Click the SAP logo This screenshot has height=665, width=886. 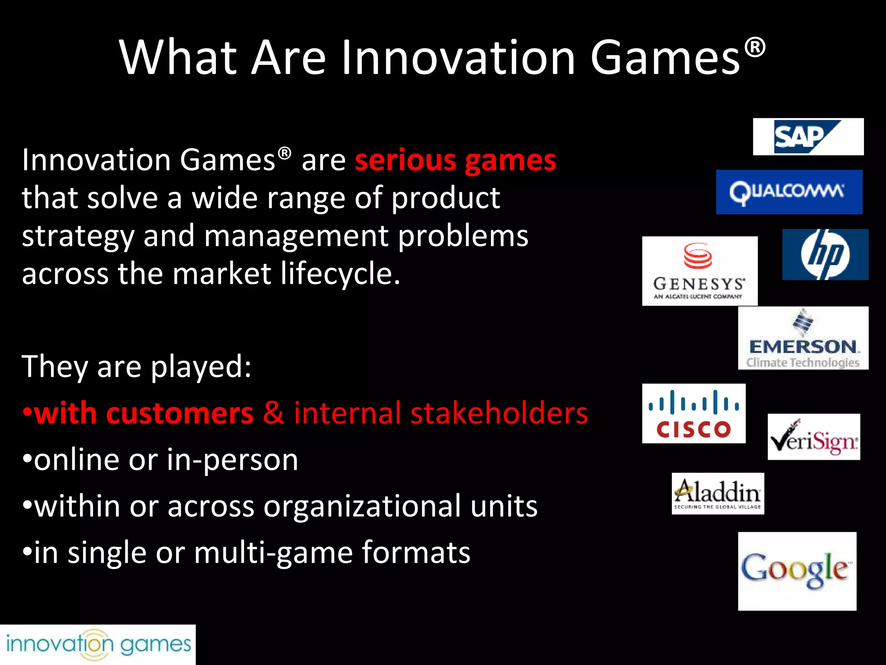pos(808,137)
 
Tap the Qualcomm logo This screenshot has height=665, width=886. pos(789,192)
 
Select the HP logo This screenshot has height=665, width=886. pos(825,255)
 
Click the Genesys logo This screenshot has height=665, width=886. pos(700,271)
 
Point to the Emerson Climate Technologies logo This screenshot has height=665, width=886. pos(803,338)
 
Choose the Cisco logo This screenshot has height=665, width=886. pos(693,413)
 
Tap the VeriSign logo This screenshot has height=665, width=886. pos(813,437)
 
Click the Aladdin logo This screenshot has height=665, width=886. pos(718,494)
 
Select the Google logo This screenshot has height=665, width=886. pos(797,571)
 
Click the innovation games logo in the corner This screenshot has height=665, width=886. pos(98,644)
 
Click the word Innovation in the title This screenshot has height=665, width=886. pos(458,58)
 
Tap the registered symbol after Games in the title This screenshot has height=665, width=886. pos(755,47)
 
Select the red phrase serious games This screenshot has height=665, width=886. pos(455,161)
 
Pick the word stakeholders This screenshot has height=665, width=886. pos(499,413)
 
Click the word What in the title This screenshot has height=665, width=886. pos(178,58)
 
